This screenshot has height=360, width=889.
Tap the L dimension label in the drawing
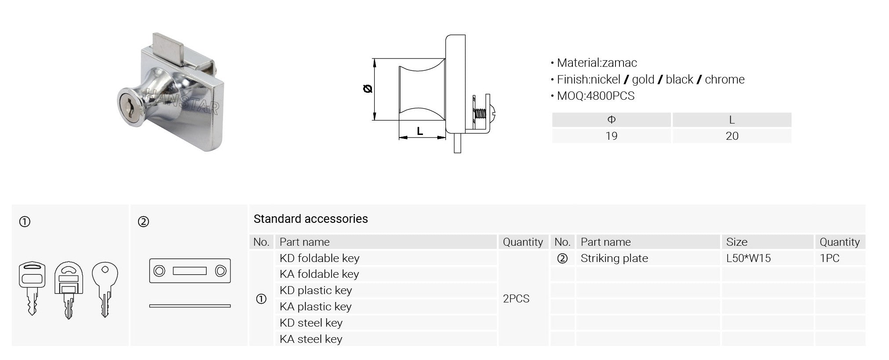coord(420,131)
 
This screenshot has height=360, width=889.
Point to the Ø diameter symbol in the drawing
coord(368,89)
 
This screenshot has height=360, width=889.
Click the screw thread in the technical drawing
coord(480,115)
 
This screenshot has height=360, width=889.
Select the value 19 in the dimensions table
coord(611,136)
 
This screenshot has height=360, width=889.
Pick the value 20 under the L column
coord(732,136)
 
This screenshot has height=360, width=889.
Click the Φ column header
coord(611,120)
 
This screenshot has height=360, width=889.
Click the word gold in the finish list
coord(643,80)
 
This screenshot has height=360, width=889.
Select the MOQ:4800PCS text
coord(596,96)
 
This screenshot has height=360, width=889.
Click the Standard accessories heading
coord(311,219)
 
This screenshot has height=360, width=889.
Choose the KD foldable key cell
coord(320,258)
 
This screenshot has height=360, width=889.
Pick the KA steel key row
coord(311,339)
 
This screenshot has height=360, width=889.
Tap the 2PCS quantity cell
coord(516,298)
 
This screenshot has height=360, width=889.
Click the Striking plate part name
coord(614,258)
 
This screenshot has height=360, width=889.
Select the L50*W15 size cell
coord(748,258)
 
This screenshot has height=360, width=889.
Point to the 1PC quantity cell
coord(830,258)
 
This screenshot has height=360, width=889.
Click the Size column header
coord(736,242)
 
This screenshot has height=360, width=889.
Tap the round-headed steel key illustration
coord(105,289)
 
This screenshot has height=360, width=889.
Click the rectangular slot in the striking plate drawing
coord(189,271)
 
